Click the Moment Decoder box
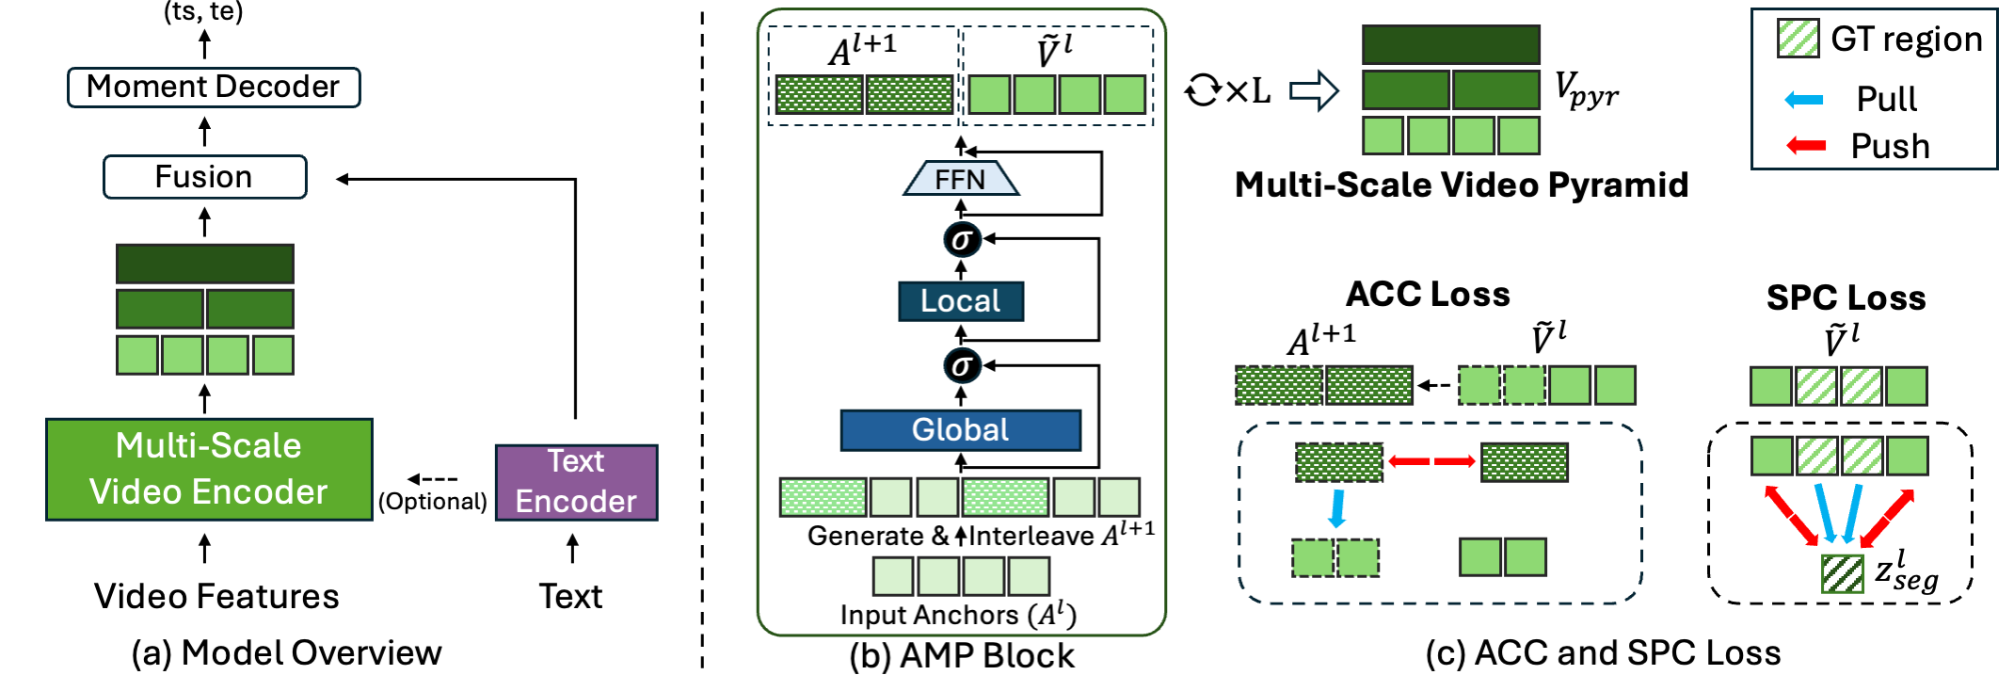point(214,88)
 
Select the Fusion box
point(204,177)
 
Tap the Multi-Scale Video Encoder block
point(209,469)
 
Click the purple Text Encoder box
point(576,482)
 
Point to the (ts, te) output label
point(203,12)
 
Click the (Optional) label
point(432,501)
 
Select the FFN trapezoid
point(960,179)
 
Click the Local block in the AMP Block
point(960,301)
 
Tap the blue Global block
point(960,430)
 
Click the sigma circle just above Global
point(962,365)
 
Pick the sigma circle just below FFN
point(962,239)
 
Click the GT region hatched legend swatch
point(1798,39)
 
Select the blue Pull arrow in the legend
point(1803,99)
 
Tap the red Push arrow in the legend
point(1805,146)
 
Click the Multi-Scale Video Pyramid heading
point(1461,185)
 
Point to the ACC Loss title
point(1427,294)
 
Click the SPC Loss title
point(1845,297)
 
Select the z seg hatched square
point(1842,573)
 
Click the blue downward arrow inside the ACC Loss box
point(1336,508)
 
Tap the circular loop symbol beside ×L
point(1202,91)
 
